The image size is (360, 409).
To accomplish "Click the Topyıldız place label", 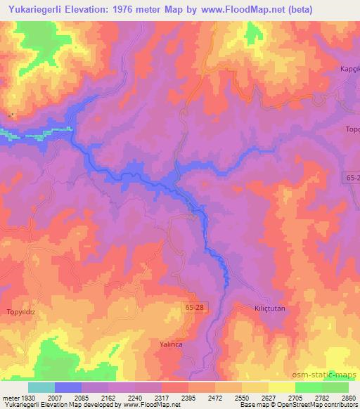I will (x=20, y=311).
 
